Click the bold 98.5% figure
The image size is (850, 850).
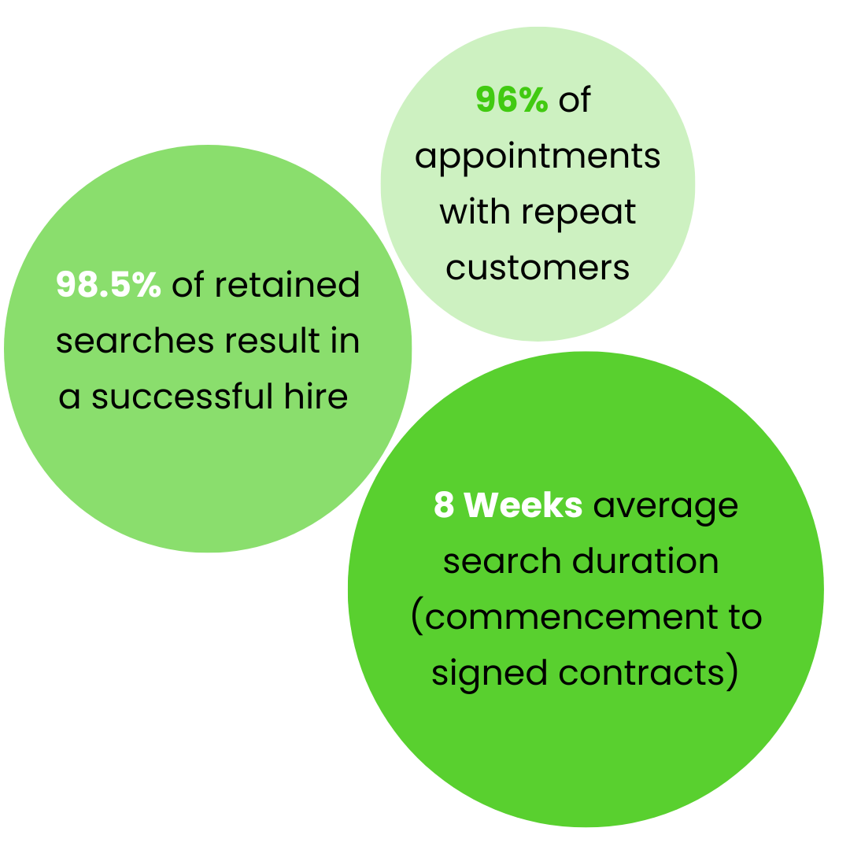point(109,285)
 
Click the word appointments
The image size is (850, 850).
point(538,157)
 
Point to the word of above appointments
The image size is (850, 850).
point(574,101)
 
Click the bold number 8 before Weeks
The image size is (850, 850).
point(444,505)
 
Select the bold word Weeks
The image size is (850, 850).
point(523,505)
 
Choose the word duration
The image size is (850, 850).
point(645,562)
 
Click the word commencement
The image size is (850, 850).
point(564,618)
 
